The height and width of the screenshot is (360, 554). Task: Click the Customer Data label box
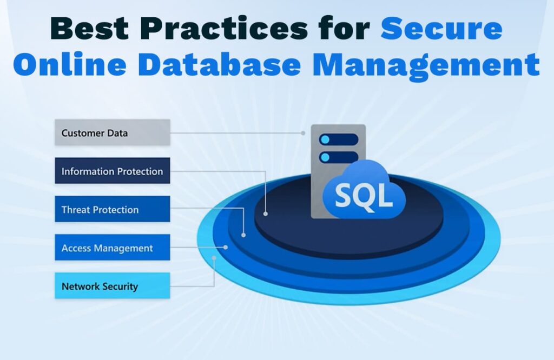[x=113, y=132]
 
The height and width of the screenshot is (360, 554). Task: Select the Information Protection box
[x=113, y=171]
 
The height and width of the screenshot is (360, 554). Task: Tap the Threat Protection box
[x=113, y=209]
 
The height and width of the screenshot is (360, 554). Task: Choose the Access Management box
[x=113, y=248]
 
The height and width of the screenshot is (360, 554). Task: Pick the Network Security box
[x=113, y=285]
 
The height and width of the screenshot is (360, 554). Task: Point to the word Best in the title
[x=90, y=28]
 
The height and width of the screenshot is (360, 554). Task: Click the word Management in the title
[x=426, y=66]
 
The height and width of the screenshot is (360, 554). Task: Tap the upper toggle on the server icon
[x=339, y=139]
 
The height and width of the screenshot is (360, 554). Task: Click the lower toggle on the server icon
[x=339, y=157]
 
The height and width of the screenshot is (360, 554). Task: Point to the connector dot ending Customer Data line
[x=303, y=133]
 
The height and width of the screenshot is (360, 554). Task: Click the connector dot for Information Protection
[x=265, y=214]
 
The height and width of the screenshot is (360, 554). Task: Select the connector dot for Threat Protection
[x=243, y=235]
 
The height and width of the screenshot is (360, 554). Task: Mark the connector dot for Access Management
[x=226, y=248]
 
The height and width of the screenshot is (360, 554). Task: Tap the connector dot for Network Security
[x=214, y=258]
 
